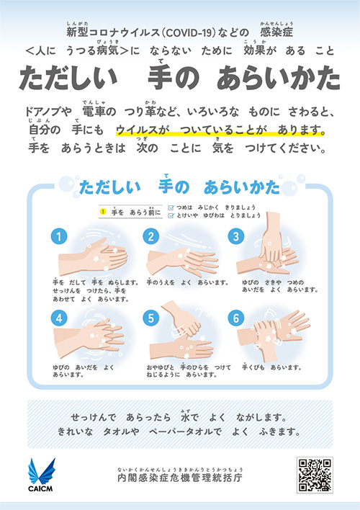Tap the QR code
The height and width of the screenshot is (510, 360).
(314, 475)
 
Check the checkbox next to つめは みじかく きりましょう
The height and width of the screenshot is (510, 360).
(170, 206)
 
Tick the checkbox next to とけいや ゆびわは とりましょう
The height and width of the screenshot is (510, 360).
(170, 215)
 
